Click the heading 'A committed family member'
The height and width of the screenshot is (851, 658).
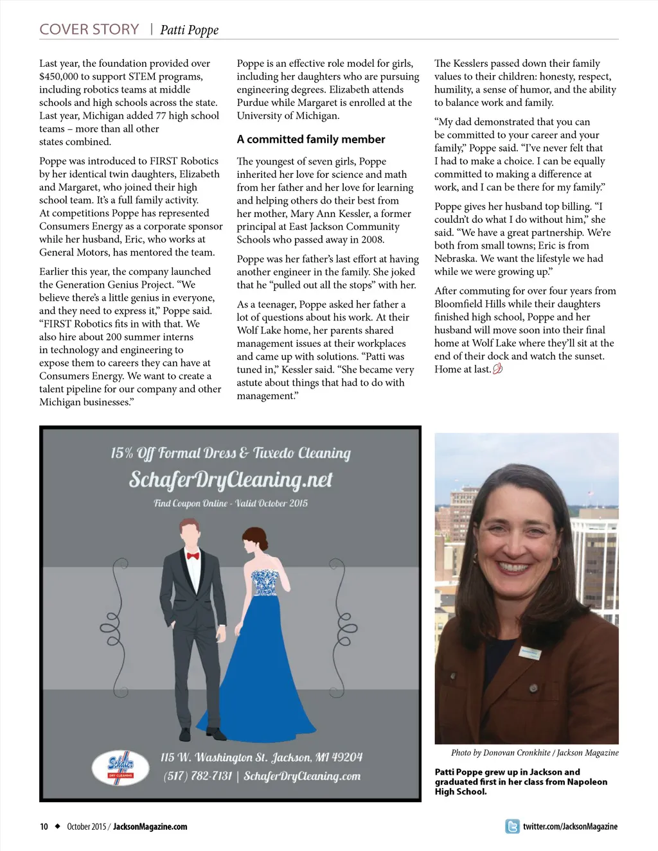pyautogui.click(x=311, y=139)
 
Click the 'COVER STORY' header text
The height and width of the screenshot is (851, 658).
pyautogui.click(x=89, y=30)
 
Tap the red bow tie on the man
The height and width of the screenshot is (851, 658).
pyautogui.click(x=193, y=556)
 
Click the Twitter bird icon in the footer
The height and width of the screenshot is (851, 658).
pyautogui.click(x=512, y=827)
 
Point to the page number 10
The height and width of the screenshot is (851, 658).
pyautogui.click(x=44, y=827)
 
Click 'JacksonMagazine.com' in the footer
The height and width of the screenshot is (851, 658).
pyautogui.click(x=150, y=827)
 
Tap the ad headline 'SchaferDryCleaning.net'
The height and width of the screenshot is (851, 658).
pyautogui.click(x=231, y=480)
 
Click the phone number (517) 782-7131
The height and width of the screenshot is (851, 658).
pyautogui.click(x=197, y=776)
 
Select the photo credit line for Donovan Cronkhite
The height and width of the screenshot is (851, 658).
pyautogui.click(x=535, y=753)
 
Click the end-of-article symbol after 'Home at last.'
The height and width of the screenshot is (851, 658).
pyautogui.click(x=497, y=369)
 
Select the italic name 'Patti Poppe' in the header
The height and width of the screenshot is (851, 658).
pyautogui.click(x=189, y=30)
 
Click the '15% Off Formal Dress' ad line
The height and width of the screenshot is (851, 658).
pyautogui.click(x=231, y=453)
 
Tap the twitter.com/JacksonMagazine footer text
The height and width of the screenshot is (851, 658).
pyautogui.click(x=570, y=827)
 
